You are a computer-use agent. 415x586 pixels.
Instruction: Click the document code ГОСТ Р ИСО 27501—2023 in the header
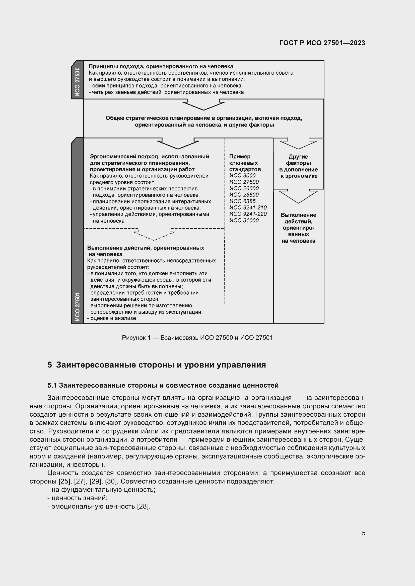pos(322,43)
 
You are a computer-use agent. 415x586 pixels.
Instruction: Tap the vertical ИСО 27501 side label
pos(78,306)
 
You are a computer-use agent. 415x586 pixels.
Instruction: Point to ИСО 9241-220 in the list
pos(248,214)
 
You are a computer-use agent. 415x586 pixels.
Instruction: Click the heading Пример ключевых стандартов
pos(245,163)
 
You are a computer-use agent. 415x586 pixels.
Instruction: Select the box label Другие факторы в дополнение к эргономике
pos(298,166)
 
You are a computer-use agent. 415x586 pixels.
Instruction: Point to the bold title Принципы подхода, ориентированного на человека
pos(161,67)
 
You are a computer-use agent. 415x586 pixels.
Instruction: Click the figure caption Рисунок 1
pos(197,338)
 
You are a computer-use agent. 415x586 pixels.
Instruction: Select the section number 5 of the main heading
pos(50,365)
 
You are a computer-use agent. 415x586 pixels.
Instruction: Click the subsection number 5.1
pos(52,385)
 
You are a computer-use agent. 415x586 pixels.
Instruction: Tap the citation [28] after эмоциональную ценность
pos(143,506)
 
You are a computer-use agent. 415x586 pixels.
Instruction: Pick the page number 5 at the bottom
pos(363,533)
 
